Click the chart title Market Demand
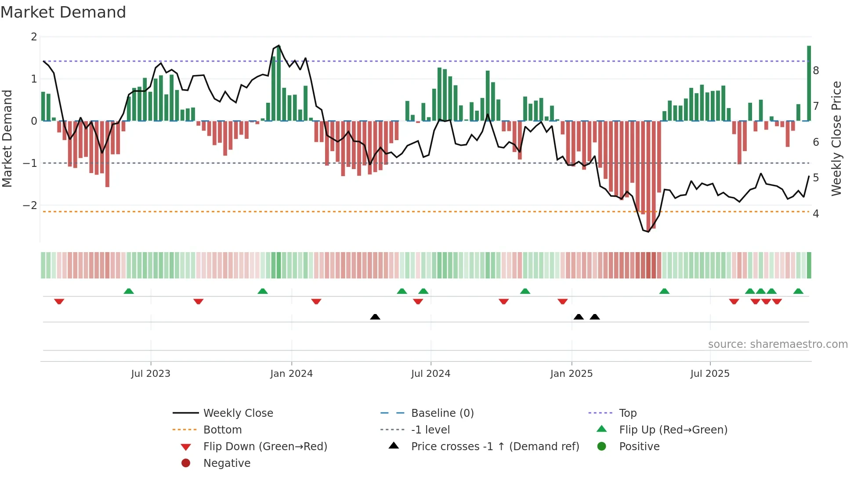point(63,12)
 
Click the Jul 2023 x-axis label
point(151,374)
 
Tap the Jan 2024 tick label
point(291,374)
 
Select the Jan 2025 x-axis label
point(571,374)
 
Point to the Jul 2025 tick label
point(709,374)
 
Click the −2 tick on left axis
point(30,206)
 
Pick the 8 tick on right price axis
point(816,71)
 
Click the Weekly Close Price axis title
point(836,138)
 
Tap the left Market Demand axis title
point(7,138)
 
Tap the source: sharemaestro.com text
point(778,344)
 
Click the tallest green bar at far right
point(809,83)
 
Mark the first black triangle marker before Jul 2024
point(375,317)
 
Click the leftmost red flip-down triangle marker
point(59,301)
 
